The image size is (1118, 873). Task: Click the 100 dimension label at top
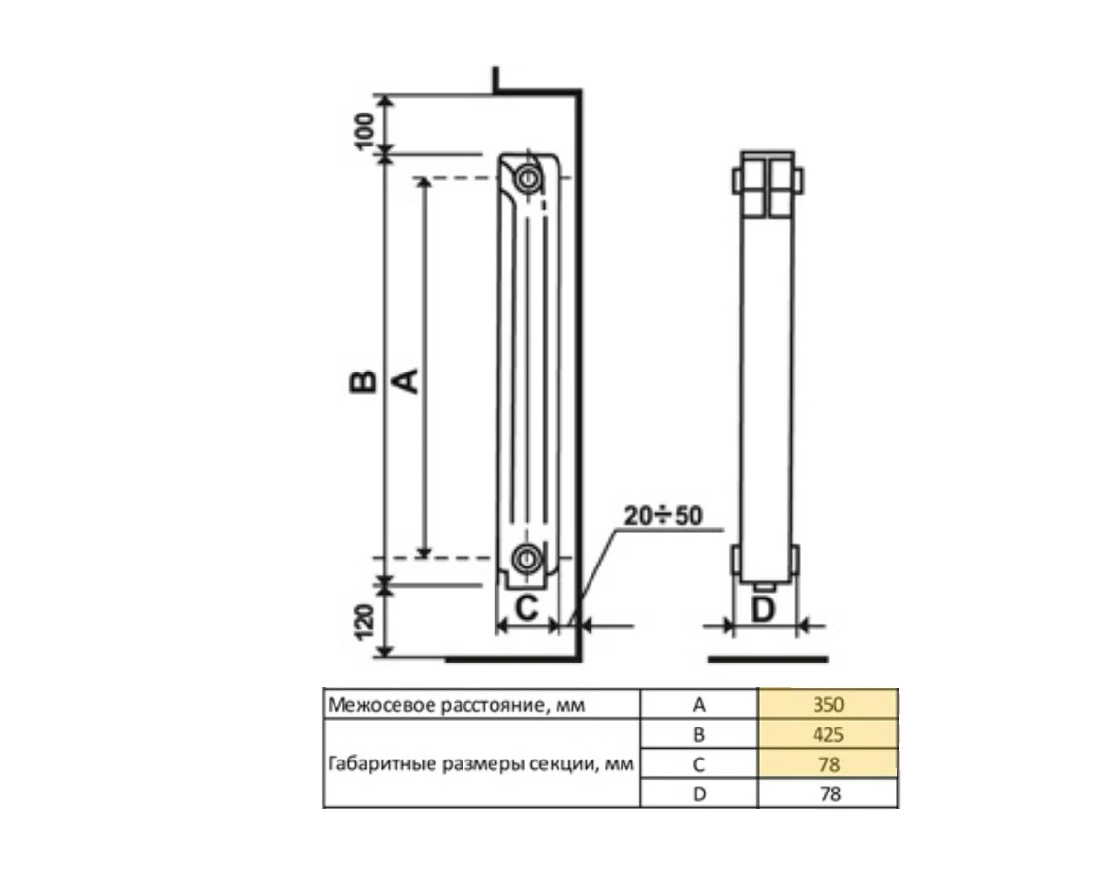pos(365,131)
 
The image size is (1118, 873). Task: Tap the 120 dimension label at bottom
pos(365,622)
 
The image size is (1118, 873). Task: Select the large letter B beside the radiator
pos(364,382)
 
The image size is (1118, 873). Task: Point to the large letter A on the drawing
pos(405,381)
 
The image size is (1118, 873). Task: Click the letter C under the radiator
pos(527,608)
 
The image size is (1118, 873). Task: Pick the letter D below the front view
pos(763,610)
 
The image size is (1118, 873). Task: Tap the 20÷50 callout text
pos(663,515)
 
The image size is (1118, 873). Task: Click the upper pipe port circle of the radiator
pos(528,178)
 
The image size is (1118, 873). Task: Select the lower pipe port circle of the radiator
pos(527,558)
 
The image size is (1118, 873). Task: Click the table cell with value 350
pos(828,704)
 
